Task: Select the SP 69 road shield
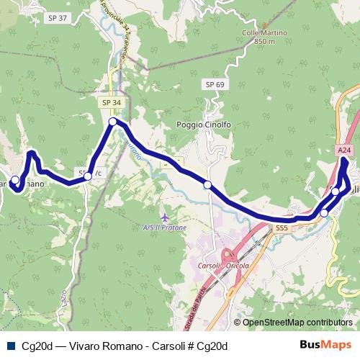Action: (215, 85)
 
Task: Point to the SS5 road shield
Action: (282, 228)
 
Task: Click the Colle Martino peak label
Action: (265, 32)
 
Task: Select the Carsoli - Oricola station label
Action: (222, 264)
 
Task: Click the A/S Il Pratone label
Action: (165, 228)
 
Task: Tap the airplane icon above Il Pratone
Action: (165, 216)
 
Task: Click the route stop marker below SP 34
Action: (113, 123)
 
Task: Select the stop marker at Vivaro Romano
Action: (14, 180)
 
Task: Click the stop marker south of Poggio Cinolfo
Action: (207, 185)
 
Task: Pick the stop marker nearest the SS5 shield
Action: (324, 213)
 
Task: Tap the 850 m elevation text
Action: (265, 42)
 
